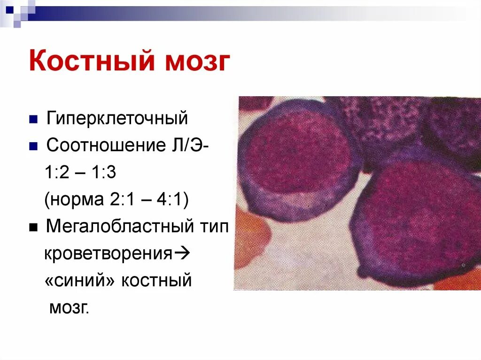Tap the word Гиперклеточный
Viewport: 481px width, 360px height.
117,118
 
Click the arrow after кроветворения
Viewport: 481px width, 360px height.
180,254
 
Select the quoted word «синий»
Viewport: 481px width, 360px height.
80,281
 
